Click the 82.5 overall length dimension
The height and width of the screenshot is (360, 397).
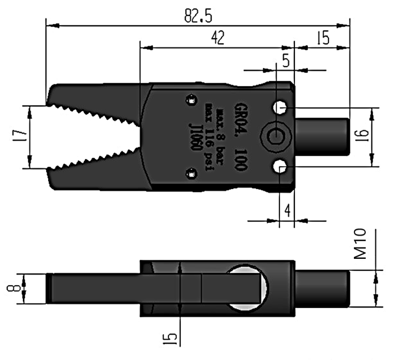pos(198,16)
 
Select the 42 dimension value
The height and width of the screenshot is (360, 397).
pos(218,38)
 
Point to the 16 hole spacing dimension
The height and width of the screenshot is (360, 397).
pos(363,136)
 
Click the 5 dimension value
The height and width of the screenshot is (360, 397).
pos(286,60)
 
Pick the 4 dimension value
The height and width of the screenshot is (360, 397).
pos(287,210)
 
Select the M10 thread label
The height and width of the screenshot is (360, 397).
pos(360,243)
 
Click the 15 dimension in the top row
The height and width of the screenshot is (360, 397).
pos(323,38)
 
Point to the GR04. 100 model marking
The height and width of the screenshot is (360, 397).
pos(240,136)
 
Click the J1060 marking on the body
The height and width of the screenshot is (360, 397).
pos(195,137)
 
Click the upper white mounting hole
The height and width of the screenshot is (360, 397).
pos(280,108)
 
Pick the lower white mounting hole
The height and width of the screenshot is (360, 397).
pos(280,167)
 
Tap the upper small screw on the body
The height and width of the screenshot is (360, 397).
pos(191,100)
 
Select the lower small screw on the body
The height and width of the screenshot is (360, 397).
pos(191,174)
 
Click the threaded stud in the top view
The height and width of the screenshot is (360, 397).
pos(322,137)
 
